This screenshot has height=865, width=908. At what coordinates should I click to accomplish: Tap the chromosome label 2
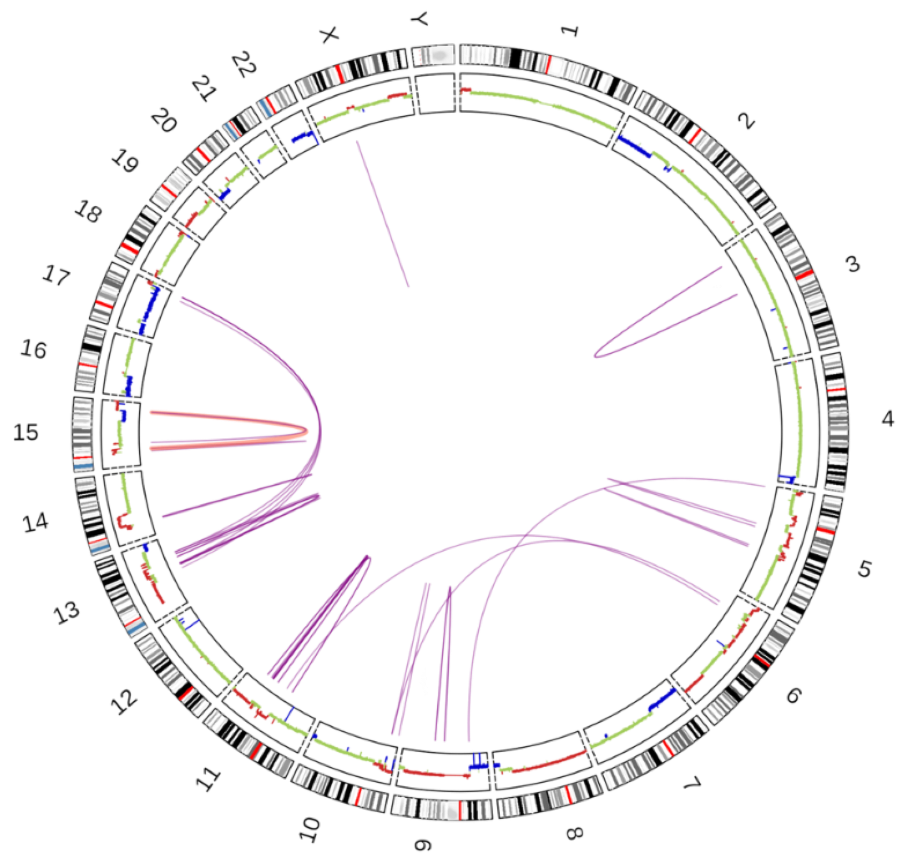(x=746, y=122)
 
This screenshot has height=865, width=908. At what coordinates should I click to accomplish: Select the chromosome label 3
(x=852, y=265)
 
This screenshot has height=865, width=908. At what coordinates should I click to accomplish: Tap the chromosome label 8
(x=575, y=833)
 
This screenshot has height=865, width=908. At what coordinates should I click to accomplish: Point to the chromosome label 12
(x=126, y=701)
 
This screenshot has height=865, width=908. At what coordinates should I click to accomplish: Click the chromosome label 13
(x=68, y=612)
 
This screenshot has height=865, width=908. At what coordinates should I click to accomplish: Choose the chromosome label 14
(x=35, y=524)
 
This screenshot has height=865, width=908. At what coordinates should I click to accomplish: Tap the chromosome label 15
(x=26, y=432)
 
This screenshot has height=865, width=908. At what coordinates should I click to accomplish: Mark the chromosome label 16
(x=33, y=349)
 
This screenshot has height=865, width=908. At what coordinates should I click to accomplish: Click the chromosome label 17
(x=56, y=279)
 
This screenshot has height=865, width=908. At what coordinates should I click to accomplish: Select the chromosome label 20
(x=163, y=122)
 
